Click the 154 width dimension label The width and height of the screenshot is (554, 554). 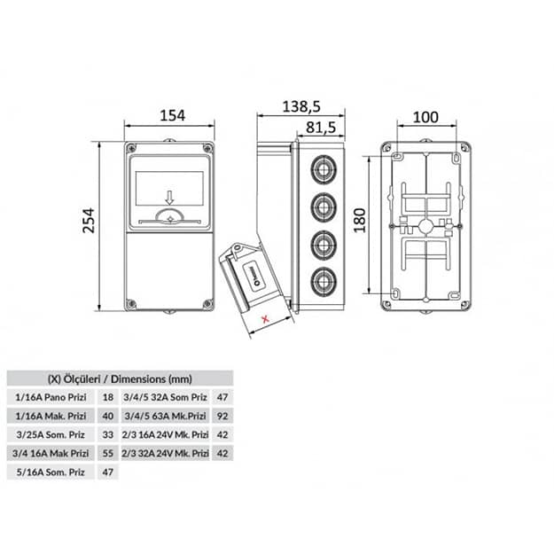click(x=173, y=115)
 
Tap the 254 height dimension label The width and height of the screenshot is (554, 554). click(x=89, y=221)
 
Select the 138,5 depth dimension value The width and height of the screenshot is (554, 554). click(x=301, y=106)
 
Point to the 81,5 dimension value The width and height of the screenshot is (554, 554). click(x=321, y=128)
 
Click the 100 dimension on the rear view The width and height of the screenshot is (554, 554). click(x=425, y=117)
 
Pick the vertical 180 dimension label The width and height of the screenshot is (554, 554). click(x=360, y=221)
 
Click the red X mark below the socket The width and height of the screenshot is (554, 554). click(x=265, y=319)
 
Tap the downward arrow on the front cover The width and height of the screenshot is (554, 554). click(x=170, y=198)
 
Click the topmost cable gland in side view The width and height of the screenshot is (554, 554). click(x=324, y=170)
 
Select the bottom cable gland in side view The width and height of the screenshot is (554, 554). click(x=324, y=282)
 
